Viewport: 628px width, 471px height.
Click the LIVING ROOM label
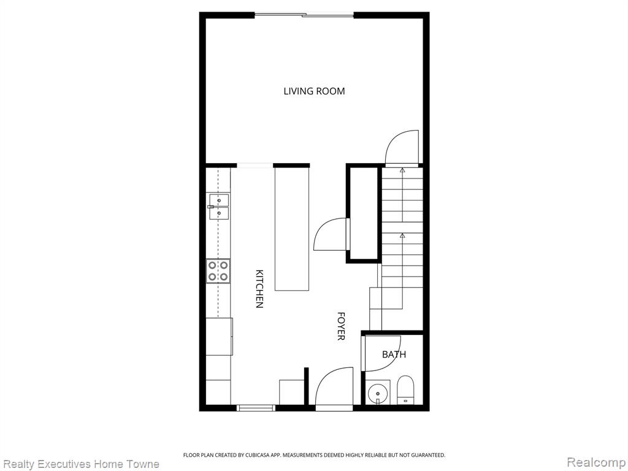[x=314, y=91]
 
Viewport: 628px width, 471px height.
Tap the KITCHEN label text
[x=259, y=289]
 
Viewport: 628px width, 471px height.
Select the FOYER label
[x=341, y=326]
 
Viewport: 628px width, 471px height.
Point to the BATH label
[x=394, y=354]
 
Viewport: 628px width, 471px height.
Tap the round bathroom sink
[x=378, y=393]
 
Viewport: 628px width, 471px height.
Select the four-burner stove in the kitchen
[x=218, y=271]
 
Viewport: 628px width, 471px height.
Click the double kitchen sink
[x=219, y=207]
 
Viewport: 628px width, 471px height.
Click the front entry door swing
[x=334, y=388]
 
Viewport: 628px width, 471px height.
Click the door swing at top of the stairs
[x=402, y=147]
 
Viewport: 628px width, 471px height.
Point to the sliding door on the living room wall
[x=304, y=15]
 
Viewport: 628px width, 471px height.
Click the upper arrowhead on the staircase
[x=402, y=170]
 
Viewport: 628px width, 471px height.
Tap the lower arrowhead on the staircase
[x=402, y=235]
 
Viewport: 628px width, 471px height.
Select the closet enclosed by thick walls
[x=364, y=213]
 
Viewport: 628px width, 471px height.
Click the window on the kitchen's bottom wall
[x=256, y=408]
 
